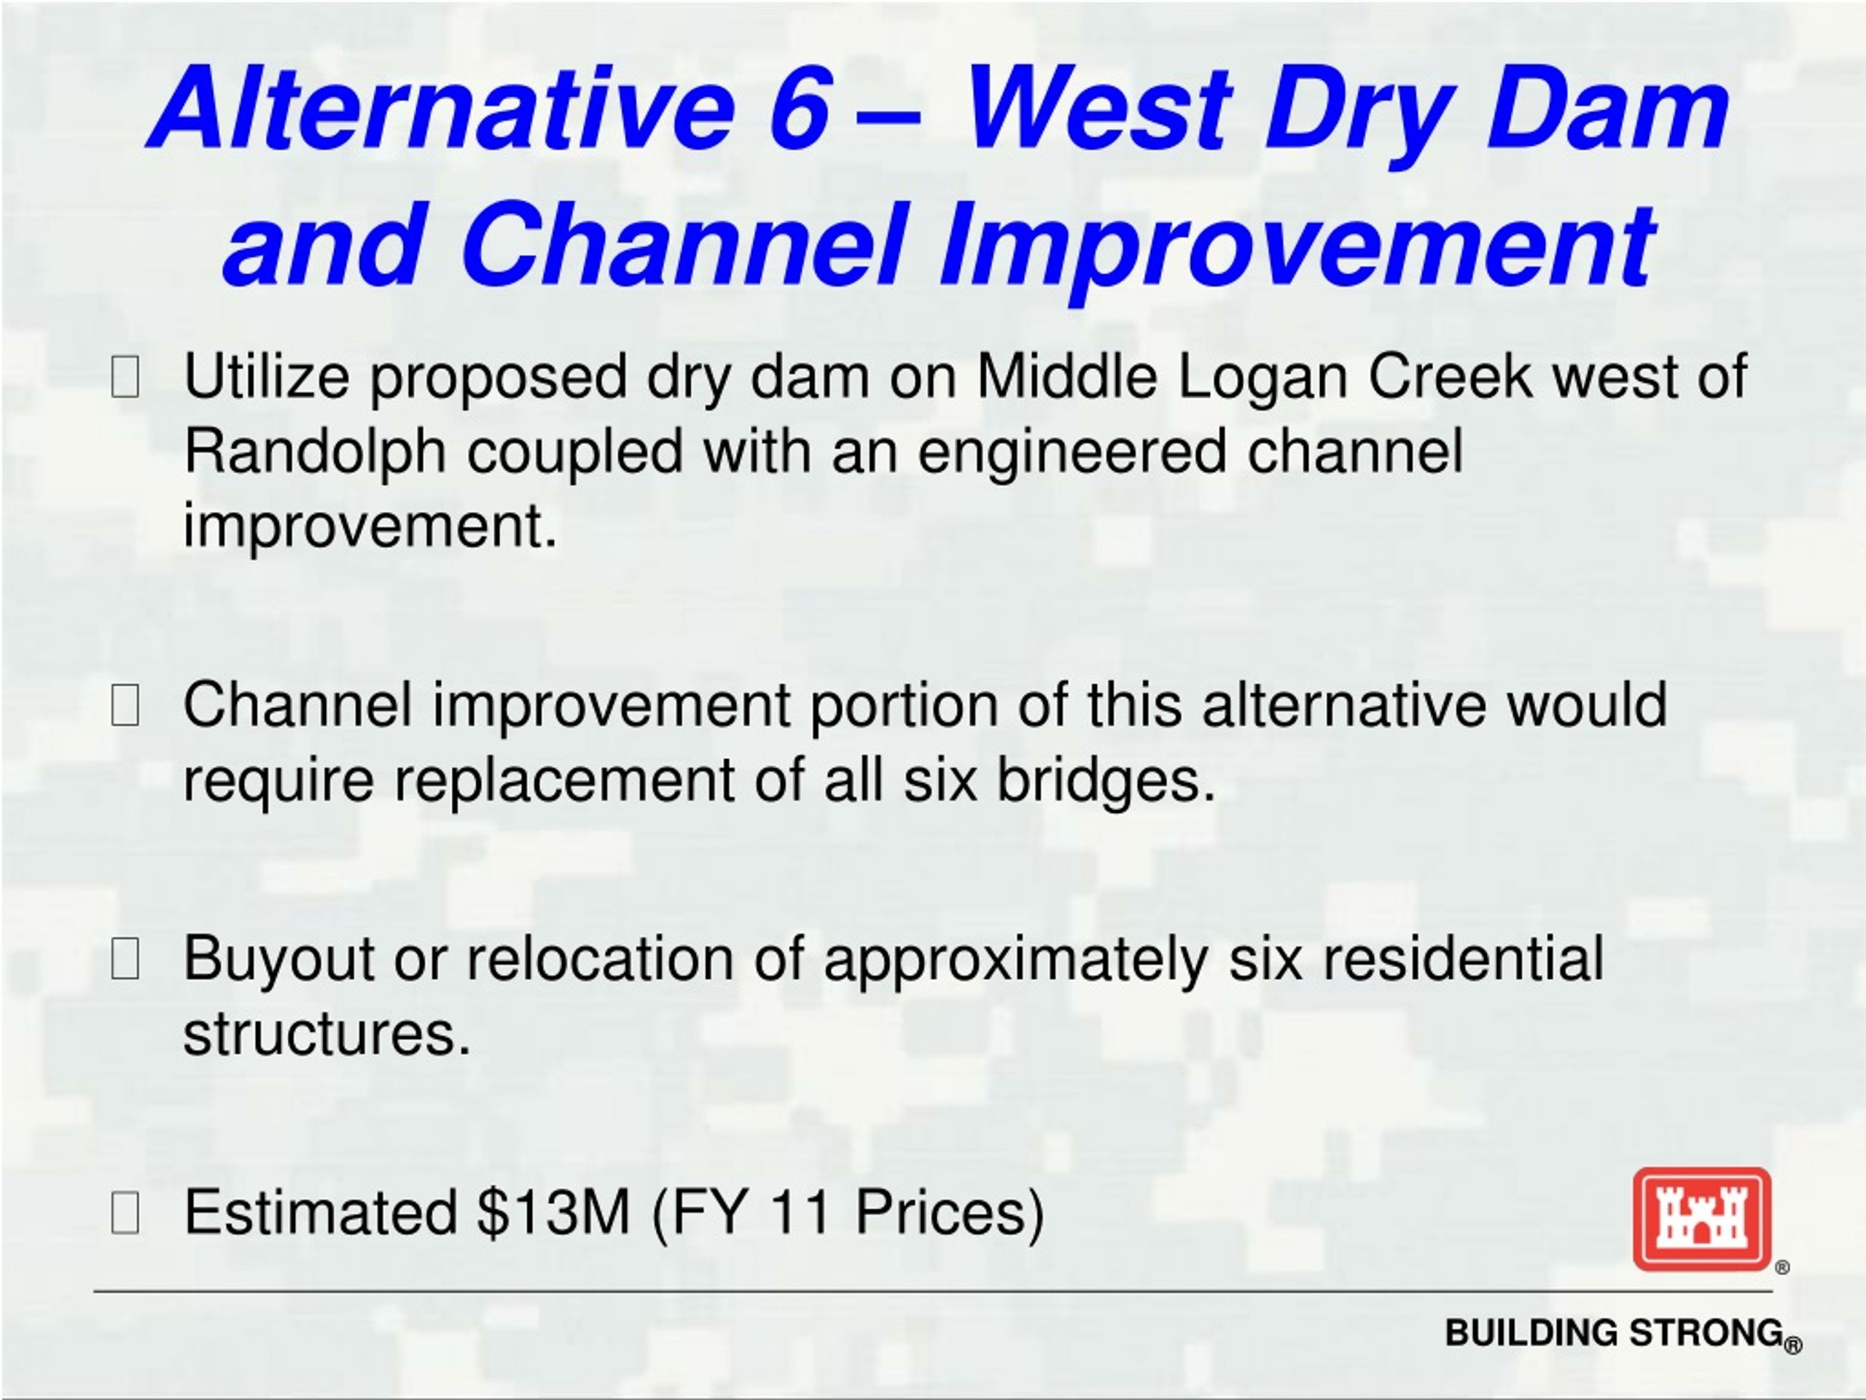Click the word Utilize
[267, 376]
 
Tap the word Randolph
[315, 451]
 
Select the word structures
[327, 1034]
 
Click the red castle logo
[1702, 1219]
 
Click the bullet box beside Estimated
[125, 1213]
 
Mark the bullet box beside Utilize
[125, 376]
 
